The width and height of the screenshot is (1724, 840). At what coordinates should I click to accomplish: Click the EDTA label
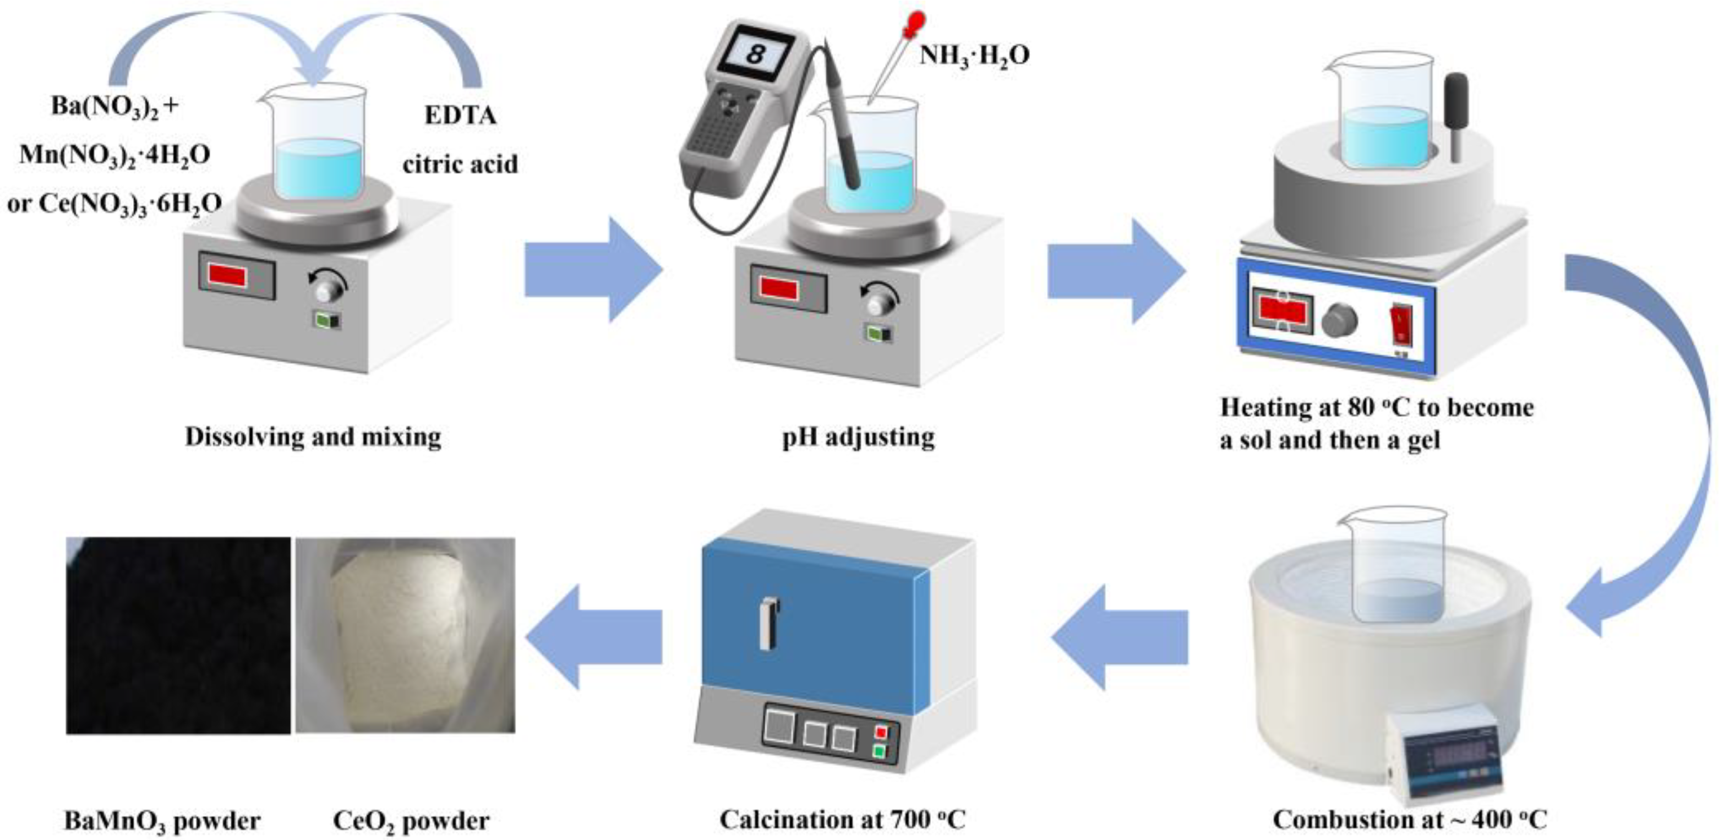click(460, 116)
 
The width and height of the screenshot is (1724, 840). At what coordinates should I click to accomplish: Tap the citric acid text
click(460, 164)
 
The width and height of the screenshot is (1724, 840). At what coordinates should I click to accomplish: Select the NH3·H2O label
click(974, 56)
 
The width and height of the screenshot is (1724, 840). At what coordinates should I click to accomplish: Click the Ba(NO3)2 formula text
click(106, 106)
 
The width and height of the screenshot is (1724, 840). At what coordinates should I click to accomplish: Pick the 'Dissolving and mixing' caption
click(313, 437)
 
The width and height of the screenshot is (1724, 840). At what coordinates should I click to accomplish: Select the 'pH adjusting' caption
click(859, 437)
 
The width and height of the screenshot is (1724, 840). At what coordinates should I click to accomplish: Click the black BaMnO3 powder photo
click(178, 635)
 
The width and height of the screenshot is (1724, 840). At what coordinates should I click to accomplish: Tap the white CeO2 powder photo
click(406, 635)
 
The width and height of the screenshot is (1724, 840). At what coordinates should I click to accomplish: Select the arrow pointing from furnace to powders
click(593, 636)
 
